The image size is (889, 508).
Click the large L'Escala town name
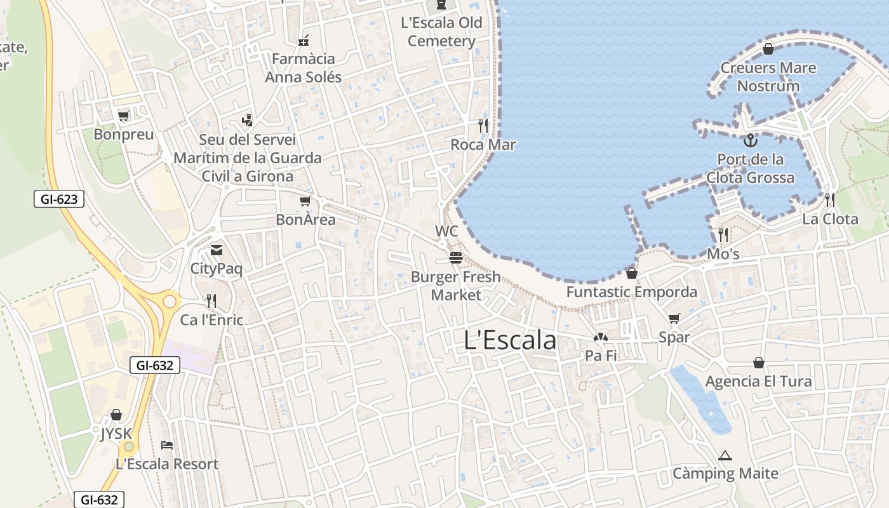(510, 340)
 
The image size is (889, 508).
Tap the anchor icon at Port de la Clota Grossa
(751, 140)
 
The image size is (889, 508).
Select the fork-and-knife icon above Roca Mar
(483, 126)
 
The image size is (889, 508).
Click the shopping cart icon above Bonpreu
(124, 116)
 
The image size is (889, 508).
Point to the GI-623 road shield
(59, 199)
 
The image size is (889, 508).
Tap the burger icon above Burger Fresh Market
(455, 258)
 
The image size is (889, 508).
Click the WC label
(446, 231)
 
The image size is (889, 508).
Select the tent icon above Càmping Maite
(725, 455)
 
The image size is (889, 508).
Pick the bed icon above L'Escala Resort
(167, 444)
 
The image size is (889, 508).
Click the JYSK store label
(116, 434)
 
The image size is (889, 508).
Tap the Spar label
(674, 337)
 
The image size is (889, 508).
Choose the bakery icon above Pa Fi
(601, 337)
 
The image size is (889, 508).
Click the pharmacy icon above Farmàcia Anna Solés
(304, 41)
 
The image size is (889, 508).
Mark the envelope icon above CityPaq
(217, 250)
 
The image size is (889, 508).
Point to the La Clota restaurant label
(830, 219)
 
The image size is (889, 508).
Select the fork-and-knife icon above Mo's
(723, 235)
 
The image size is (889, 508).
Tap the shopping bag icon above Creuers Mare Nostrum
(768, 49)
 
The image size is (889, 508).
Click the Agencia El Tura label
(758, 381)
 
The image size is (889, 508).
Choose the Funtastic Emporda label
(631, 292)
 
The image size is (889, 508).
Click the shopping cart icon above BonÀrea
(305, 201)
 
